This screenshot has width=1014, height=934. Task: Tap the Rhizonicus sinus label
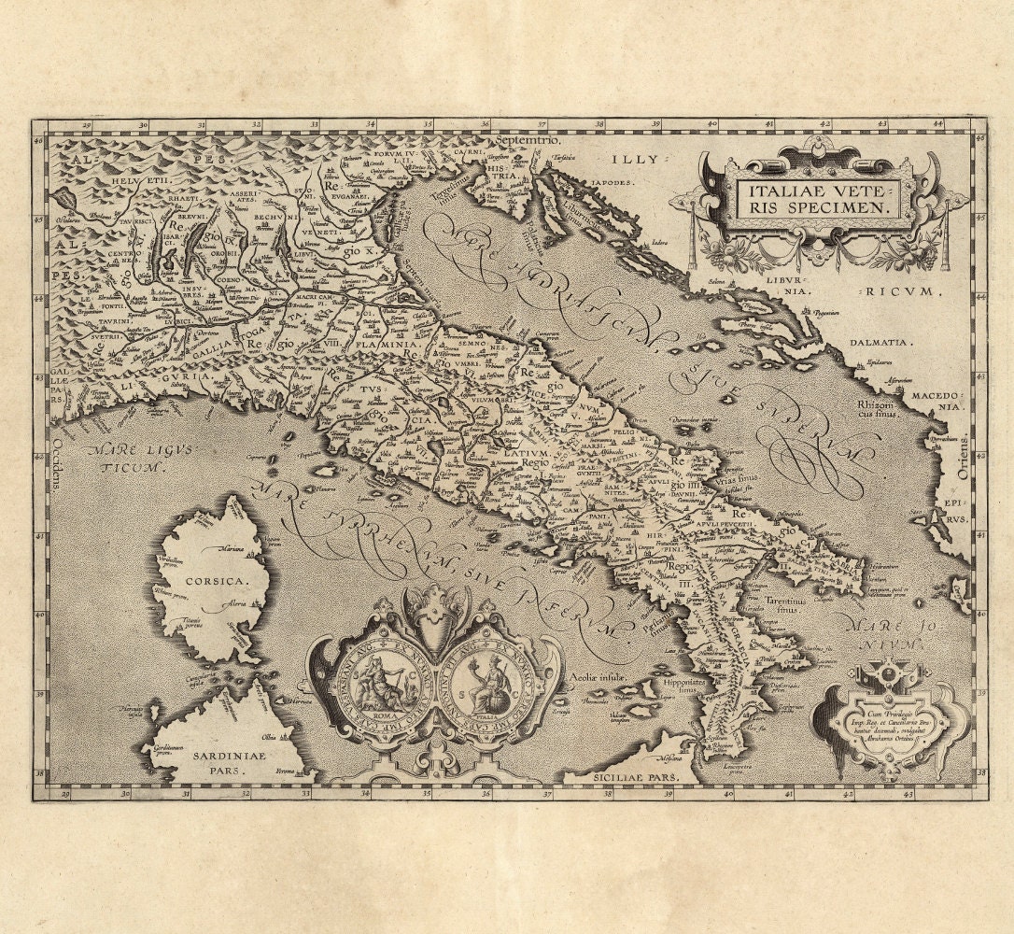click(880, 409)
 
